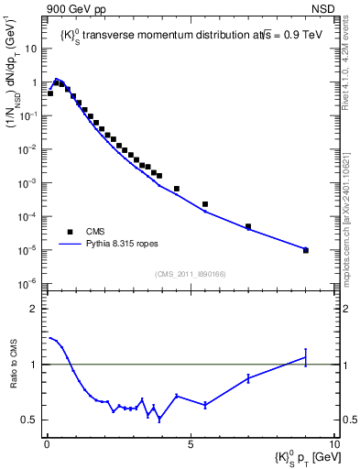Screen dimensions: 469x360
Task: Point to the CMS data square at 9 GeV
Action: coord(306,250)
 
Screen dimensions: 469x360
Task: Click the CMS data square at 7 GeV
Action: coord(248,226)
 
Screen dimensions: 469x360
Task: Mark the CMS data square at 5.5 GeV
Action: coord(205,204)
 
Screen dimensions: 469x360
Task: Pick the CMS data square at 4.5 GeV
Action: coord(177,189)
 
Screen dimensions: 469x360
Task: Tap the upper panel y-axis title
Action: coord(19,100)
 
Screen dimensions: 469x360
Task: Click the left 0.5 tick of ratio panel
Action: coord(33,420)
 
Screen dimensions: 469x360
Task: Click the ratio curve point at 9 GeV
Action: coord(306,357)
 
